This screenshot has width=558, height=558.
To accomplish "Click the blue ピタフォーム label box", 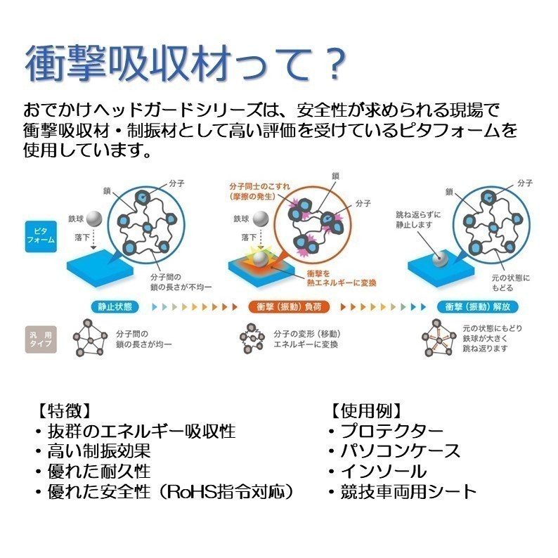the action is pos(41,237).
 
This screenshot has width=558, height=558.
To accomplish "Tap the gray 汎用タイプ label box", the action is pos(41,339).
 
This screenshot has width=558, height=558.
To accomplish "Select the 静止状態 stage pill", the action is pos(115,306).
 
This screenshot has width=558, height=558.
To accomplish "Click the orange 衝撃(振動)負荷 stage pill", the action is pos(289,306).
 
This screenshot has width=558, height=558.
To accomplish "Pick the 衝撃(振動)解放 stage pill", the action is pos(478,306).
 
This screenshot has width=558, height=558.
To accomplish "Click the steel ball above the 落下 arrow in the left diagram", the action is pos(94,219).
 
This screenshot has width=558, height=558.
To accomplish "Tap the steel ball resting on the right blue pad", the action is pos(440,259).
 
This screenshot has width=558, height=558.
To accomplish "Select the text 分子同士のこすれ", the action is pos(260,186).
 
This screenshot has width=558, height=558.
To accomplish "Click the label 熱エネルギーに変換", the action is pos(342,283).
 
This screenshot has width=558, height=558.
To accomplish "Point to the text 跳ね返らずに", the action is pos(418,214).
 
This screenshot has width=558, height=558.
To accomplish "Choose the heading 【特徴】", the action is pos(64,411).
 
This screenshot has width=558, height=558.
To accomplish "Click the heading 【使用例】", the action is pos(366,411).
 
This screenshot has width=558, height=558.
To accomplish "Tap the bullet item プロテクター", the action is pos(392,432).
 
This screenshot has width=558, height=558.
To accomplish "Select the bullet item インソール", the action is pos(384,472).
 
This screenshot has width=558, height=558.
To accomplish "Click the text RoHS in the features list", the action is pos(191,492).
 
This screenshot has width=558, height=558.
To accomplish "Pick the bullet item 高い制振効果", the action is pos(99,451).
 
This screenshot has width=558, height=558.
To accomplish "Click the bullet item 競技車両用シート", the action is pos(408,492).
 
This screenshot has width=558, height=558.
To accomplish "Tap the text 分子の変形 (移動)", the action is pos(307,334).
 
